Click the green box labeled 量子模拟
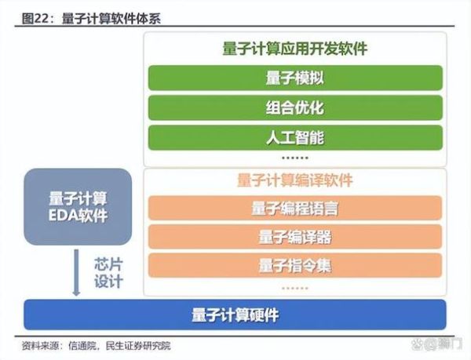click(x=295, y=78)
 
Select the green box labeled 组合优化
click(x=295, y=107)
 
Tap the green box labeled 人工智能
click(x=295, y=137)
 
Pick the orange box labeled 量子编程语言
click(x=295, y=209)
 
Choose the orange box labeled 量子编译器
click(x=295, y=237)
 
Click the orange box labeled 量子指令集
click(x=295, y=265)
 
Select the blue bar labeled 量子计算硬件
click(x=235, y=315)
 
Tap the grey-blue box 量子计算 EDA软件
click(x=77, y=206)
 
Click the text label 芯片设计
click(x=108, y=271)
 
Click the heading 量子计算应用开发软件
click(x=295, y=49)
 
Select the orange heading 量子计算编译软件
click(x=295, y=180)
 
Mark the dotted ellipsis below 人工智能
click(x=295, y=158)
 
